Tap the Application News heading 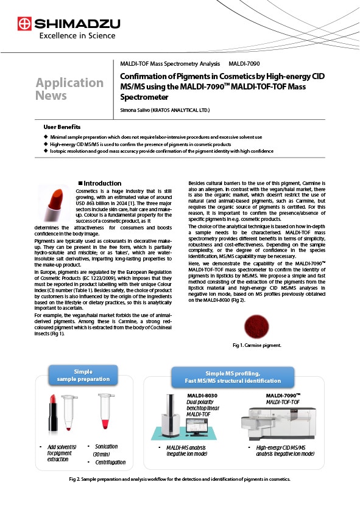[69, 89]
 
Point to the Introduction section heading [100, 183]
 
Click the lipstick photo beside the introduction [55, 204]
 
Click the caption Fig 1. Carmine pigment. [256, 345]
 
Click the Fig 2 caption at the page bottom [180, 479]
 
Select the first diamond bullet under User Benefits [46, 137]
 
